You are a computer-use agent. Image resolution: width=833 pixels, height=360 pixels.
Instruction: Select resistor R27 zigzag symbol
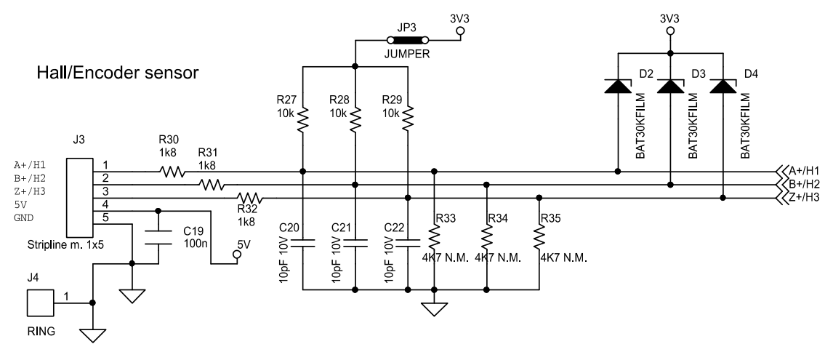tap(302, 118)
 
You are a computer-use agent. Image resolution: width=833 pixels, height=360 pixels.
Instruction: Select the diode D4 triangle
tap(723, 87)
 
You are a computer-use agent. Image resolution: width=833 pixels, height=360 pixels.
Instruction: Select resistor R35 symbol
tap(539, 237)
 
